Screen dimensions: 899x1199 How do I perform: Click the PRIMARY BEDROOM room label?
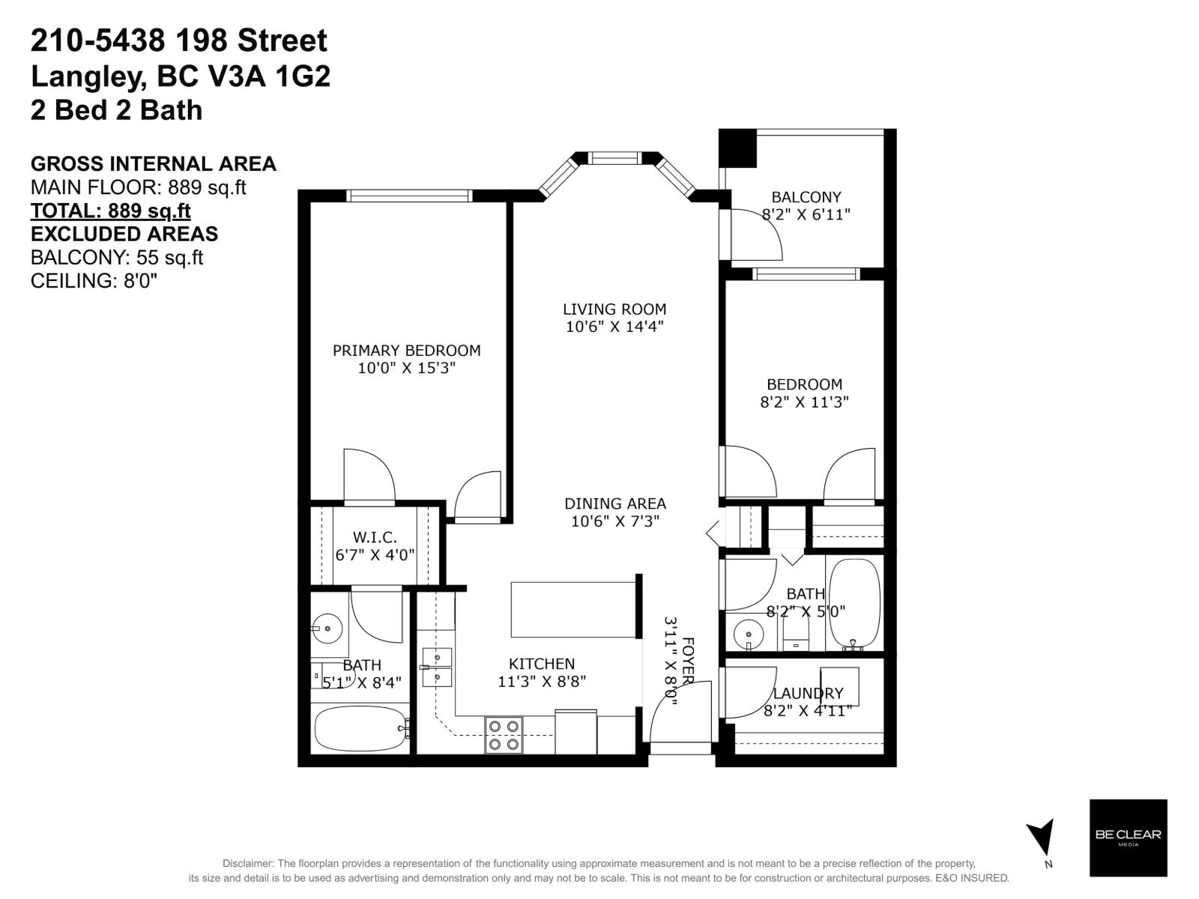click(x=406, y=350)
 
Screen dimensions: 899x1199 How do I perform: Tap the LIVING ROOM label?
click(x=614, y=309)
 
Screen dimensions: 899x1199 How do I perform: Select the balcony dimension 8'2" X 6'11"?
click(x=806, y=214)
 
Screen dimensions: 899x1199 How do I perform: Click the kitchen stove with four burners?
click(x=504, y=735)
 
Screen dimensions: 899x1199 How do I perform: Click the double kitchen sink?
click(x=437, y=668)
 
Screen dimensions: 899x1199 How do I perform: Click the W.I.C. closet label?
click(x=375, y=537)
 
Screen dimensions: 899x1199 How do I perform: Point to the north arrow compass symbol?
click(x=1042, y=837)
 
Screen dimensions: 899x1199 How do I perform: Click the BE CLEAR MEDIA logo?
click(x=1128, y=838)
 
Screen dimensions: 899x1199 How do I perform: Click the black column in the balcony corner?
click(x=737, y=148)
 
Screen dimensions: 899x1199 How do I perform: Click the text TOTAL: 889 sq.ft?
click(x=110, y=211)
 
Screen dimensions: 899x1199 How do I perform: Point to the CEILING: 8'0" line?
click(x=94, y=281)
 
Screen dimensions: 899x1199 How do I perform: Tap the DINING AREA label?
click(x=614, y=503)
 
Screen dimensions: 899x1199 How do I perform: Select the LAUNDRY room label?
click(x=808, y=693)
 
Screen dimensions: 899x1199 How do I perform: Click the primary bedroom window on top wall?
click(x=409, y=196)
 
